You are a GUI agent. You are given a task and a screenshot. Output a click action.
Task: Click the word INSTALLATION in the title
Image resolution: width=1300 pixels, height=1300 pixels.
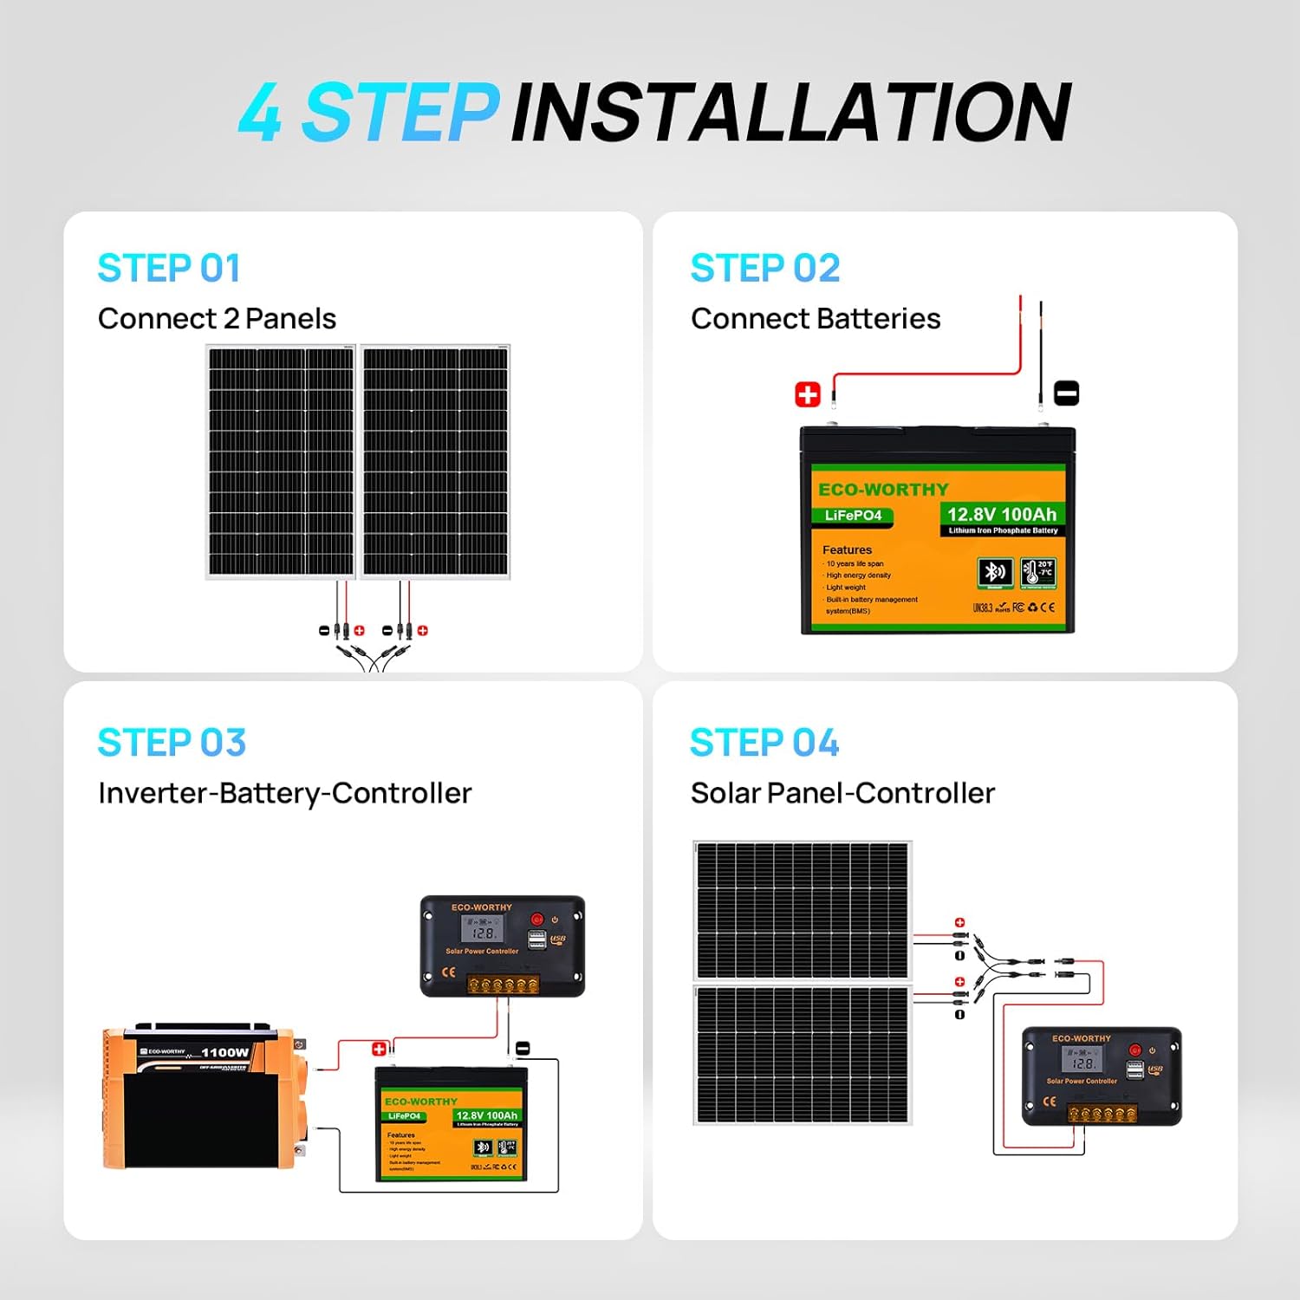tap(790, 113)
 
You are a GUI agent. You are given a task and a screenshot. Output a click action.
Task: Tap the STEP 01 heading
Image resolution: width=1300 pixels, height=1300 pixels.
tap(169, 268)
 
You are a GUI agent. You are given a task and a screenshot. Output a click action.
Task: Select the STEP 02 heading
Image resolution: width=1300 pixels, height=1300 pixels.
tap(764, 268)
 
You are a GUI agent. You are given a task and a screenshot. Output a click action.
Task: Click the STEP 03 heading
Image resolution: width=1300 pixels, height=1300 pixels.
tap(172, 743)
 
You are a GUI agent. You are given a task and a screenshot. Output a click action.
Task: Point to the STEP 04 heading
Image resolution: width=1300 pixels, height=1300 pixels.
tap(764, 743)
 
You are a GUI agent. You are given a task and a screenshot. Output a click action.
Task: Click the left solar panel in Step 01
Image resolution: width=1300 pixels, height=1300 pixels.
tap(281, 462)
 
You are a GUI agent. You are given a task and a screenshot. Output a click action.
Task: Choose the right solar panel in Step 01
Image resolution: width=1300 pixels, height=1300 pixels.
tap(436, 462)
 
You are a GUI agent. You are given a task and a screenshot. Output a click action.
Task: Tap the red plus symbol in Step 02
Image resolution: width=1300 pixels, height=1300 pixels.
tap(808, 395)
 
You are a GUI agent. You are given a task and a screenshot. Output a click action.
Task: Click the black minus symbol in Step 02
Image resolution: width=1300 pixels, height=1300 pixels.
tap(1066, 393)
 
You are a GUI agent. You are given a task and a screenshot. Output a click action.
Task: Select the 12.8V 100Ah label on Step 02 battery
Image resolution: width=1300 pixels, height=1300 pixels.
tap(1002, 515)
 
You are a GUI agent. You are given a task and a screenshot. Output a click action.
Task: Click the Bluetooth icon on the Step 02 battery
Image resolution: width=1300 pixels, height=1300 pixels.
tap(995, 572)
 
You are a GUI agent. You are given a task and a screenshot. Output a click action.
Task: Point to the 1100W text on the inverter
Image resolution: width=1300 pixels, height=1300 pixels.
tap(224, 1052)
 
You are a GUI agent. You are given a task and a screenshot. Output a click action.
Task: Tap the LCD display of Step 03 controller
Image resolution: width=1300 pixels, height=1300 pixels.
tap(483, 930)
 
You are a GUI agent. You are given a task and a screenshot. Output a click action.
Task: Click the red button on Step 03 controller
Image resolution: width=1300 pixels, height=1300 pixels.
tap(537, 920)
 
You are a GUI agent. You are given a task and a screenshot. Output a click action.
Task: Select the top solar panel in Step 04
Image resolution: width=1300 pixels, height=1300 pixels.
tap(803, 910)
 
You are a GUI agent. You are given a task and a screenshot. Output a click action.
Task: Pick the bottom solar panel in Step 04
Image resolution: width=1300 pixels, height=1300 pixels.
tap(803, 1054)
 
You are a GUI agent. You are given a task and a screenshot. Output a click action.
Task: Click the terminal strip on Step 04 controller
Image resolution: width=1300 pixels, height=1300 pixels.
tap(1102, 1114)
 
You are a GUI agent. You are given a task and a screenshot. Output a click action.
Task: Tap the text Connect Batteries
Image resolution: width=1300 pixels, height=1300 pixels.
tap(816, 319)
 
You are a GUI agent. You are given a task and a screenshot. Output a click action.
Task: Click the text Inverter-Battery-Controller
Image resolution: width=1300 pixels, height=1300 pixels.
tap(284, 793)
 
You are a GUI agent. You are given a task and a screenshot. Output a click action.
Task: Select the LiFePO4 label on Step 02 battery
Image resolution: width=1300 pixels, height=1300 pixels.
tap(853, 516)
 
